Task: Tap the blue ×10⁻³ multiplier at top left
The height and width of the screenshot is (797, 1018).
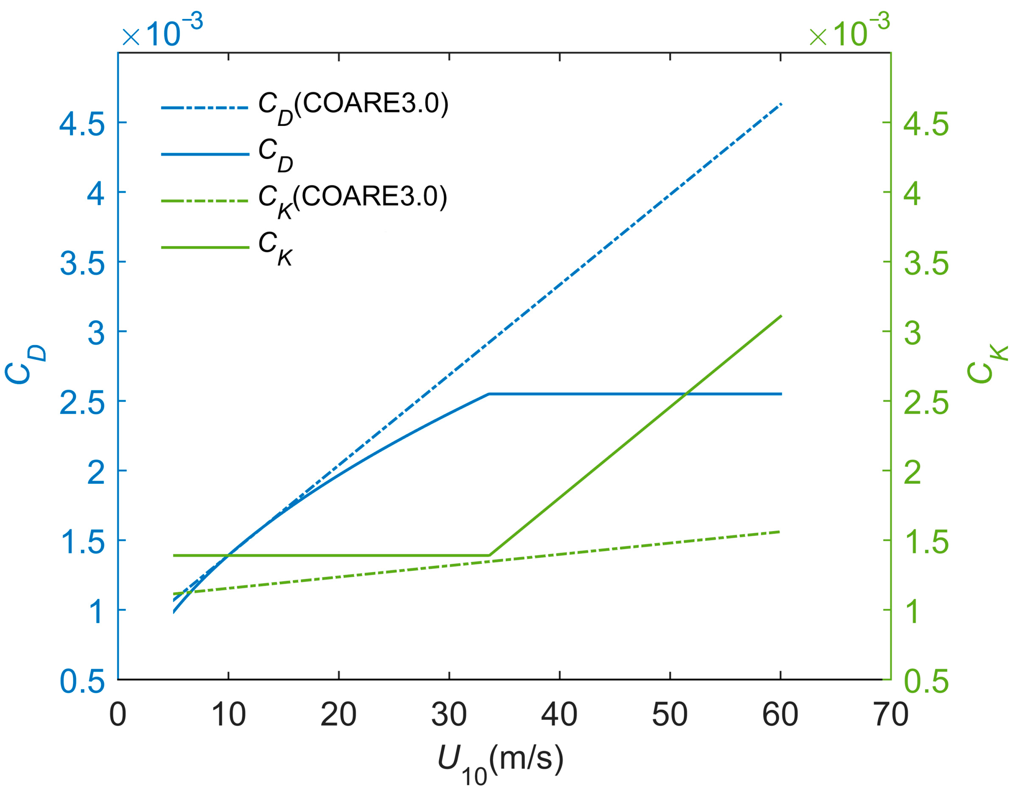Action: tap(162, 31)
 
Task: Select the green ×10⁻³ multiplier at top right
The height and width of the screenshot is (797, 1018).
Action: tap(849, 31)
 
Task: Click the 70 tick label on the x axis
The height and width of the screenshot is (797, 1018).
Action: tap(891, 714)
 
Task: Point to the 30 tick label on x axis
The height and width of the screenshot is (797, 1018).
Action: tap(449, 714)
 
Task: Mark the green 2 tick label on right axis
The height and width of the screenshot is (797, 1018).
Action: tap(913, 472)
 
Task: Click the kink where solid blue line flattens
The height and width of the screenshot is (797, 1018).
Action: tap(489, 394)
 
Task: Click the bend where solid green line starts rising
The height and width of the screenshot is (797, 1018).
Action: tap(489, 555)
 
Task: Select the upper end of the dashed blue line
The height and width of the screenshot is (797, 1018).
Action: tap(781, 104)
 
